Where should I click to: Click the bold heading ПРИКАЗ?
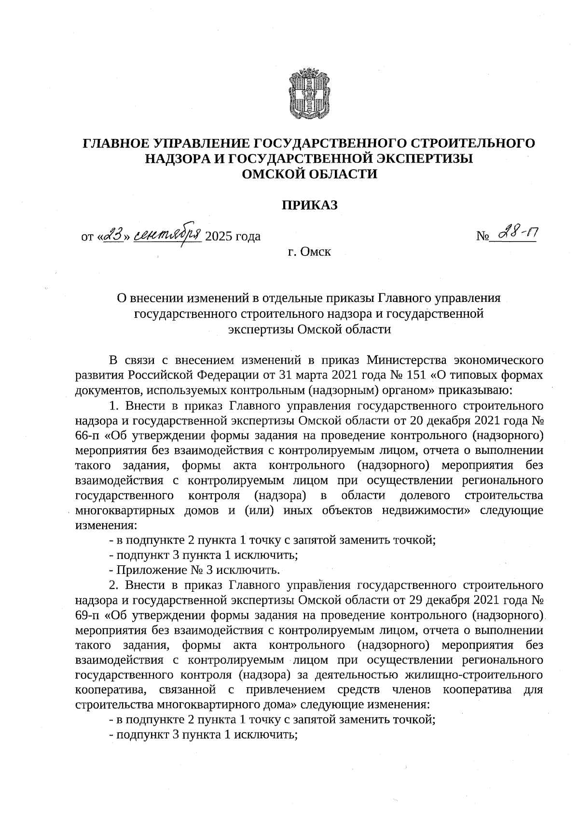pos(309,205)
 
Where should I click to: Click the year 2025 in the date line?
pos(219,236)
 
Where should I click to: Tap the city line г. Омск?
pos(309,251)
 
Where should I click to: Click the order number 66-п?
pos(87,436)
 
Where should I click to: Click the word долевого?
pos(425,495)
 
